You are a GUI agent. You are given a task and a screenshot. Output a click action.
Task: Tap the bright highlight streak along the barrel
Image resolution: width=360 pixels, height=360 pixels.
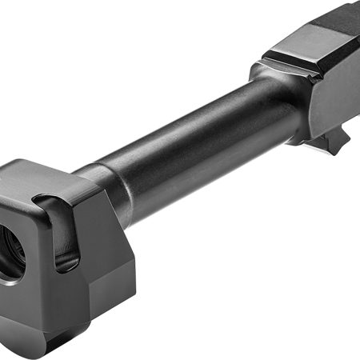[184, 120]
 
